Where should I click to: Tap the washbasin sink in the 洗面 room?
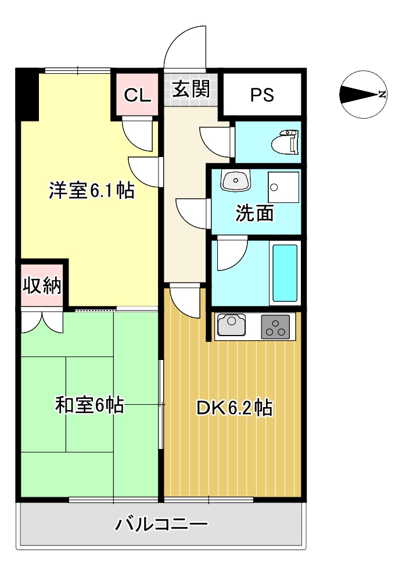(236, 180)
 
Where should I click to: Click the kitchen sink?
(231, 325)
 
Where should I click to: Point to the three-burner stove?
(275, 326)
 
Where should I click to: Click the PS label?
(262, 95)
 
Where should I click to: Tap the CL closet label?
(138, 95)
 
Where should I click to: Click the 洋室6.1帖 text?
(92, 190)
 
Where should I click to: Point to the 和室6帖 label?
(89, 405)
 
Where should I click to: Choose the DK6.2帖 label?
(235, 408)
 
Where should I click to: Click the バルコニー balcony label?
(161, 524)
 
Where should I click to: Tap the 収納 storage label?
(42, 285)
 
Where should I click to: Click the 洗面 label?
(254, 213)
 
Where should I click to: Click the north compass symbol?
(364, 94)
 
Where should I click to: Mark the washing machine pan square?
(283, 187)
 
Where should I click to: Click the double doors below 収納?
(42, 322)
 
